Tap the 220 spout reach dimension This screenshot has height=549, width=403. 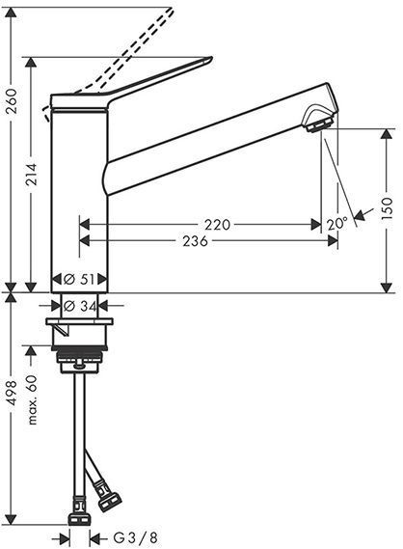[218, 224]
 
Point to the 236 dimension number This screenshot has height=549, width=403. [196, 241]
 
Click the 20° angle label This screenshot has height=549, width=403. [336, 223]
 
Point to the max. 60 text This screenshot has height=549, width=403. [33, 398]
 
